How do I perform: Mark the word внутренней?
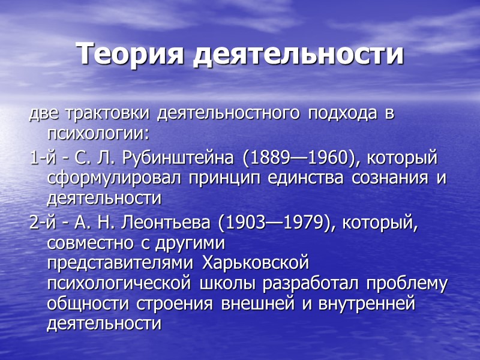(x=367, y=304)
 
